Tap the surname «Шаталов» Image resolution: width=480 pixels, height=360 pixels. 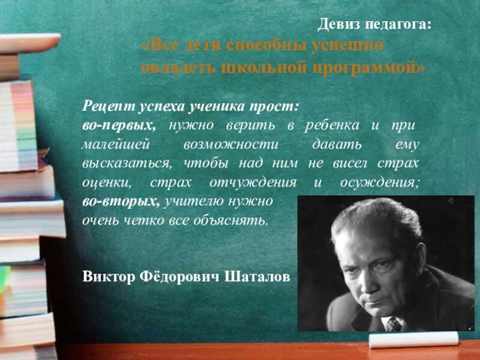(257, 277)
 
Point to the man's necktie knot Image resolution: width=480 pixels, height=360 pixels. (393, 323)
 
